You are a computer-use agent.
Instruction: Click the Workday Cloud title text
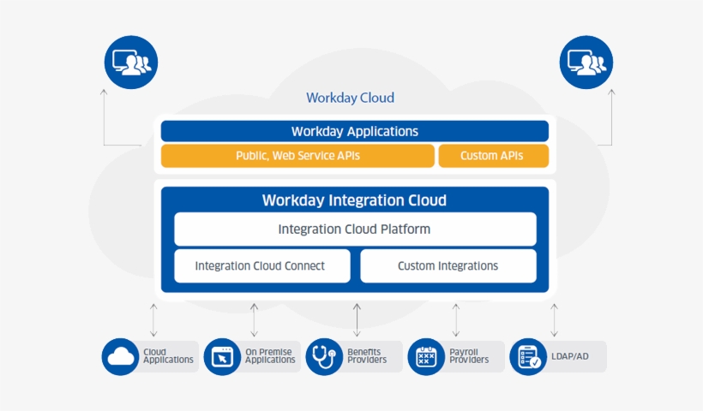tap(350, 98)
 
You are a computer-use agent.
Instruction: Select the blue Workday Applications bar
tap(354, 131)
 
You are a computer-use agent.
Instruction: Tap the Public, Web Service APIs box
tap(297, 156)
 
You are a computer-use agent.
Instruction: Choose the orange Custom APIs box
tap(492, 156)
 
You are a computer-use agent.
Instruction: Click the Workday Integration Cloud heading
tap(354, 200)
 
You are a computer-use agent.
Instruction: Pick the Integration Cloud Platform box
tap(354, 229)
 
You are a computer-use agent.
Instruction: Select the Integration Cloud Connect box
tap(261, 266)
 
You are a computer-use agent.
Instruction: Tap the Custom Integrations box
tap(448, 266)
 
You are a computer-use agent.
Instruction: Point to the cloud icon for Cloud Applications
tap(120, 356)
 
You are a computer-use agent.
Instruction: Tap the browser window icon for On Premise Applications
tap(222, 356)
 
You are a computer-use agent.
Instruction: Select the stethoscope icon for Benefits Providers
tap(324, 356)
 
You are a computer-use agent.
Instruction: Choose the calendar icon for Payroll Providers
tap(426, 356)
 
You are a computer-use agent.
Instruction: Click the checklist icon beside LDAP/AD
tap(528, 356)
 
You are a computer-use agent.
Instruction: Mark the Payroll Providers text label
tap(469, 355)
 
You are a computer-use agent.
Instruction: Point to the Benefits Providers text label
tap(367, 355)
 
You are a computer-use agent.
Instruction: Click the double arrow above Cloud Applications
tap(153, 319)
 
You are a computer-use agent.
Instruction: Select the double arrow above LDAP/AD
tap(555, 319)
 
